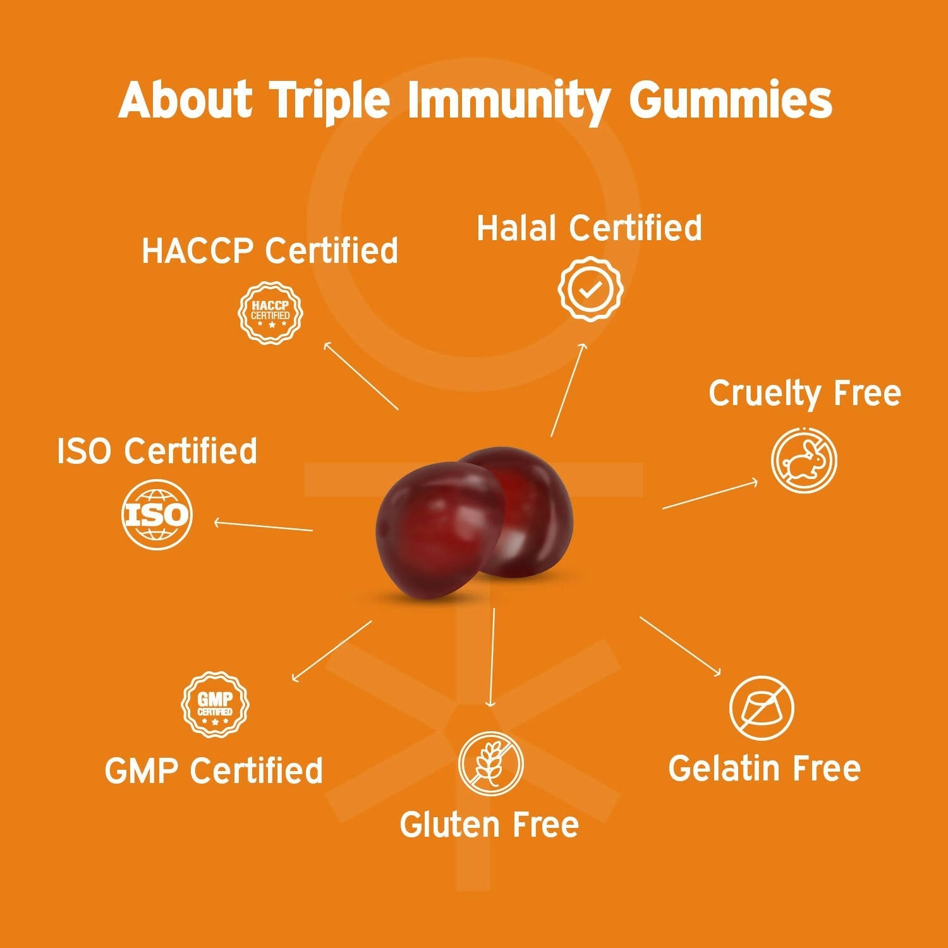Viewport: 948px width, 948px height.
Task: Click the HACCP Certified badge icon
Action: pos(270,313)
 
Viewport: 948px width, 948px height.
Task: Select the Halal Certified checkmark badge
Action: pos(590,289)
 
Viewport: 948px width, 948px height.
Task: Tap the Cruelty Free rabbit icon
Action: pos(804,459)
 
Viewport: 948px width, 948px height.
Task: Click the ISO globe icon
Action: pos(156,514)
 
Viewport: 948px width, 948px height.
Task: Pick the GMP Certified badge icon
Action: pos(215,704)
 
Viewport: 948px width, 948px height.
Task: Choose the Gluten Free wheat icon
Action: pos(491,763)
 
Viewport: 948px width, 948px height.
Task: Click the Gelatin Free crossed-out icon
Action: pos(761,708)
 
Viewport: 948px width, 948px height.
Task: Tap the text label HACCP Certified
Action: pos(270,250)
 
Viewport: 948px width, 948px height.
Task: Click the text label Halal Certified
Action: pos(589,228)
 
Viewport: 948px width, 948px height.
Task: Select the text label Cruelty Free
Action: pos(805,394)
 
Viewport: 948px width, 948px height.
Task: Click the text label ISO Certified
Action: pos(157,451)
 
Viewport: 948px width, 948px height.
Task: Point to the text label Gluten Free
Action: pos(489,825)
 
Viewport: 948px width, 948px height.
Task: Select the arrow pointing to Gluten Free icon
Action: pos(492,657)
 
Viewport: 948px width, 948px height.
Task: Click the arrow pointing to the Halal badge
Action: pos(568,390)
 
